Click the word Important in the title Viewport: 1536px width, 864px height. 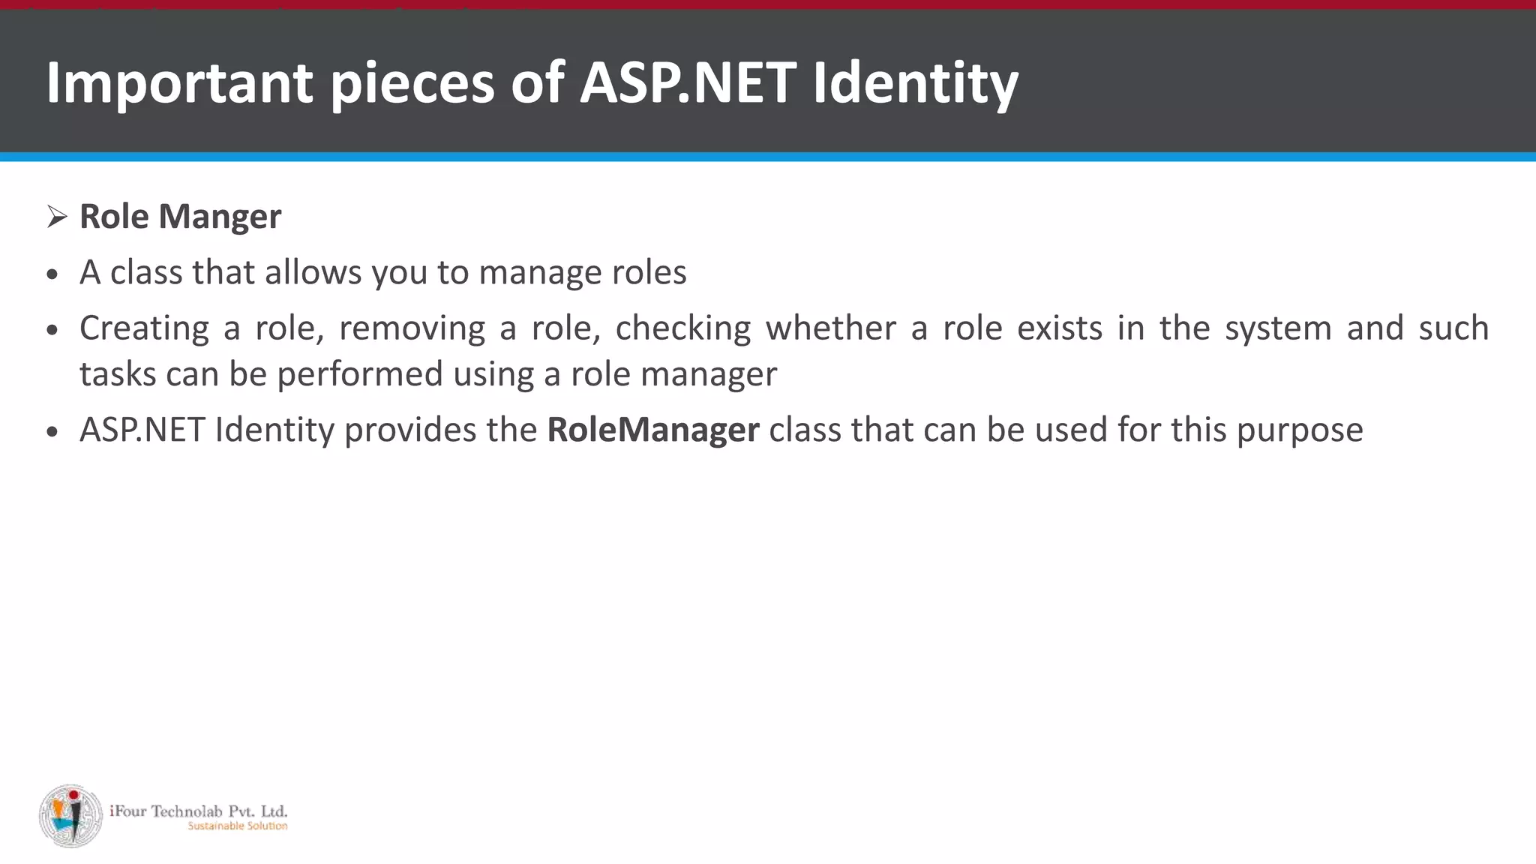(x=179, y=82)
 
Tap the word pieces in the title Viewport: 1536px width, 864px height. (x=412, y=82)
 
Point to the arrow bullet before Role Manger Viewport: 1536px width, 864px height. (x=57, y=217)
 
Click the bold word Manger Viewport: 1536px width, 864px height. (x=220, y=217)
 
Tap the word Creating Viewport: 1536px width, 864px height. (x=144, y=328)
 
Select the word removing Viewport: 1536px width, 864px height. (x=412, y=328)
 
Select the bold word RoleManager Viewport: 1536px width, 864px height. (x=652, y=430)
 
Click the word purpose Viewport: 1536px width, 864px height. (x=1299, y=430)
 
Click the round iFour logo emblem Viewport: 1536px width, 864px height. (x=70, y=816)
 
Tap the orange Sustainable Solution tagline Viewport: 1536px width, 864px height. (x=237, y=826)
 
